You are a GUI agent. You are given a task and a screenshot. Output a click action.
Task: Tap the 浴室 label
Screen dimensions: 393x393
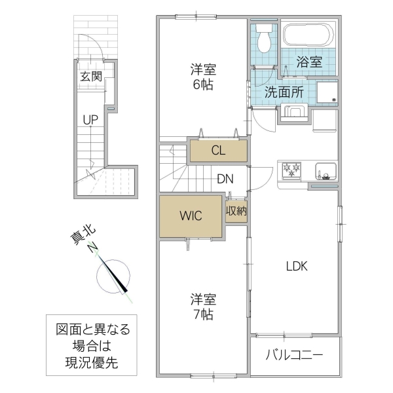click(309, 63)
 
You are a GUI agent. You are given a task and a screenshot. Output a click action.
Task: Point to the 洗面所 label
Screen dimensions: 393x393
click(284, 92)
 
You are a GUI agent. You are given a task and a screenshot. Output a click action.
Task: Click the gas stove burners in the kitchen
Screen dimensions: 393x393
click(291, 170)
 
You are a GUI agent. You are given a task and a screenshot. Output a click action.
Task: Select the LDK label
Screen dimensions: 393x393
click(295, 267)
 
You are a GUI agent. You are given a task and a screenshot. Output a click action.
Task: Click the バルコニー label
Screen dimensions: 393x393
click(294, 357)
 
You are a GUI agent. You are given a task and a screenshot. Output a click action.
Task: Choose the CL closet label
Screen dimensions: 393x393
click(218, 150)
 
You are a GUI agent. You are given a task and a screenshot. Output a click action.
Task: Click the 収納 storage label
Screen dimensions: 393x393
click(236, 211)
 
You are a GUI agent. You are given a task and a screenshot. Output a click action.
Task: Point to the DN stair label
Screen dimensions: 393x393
click(225, 178)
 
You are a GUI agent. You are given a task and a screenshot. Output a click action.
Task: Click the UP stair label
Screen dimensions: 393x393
click(90, 120)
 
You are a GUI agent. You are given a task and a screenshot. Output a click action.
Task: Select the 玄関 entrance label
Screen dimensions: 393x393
click(91, 76)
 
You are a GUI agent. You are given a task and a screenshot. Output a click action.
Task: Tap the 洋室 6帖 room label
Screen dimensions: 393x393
click(203, 77)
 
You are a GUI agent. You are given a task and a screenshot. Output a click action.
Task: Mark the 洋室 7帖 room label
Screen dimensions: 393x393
click(202, 307)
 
